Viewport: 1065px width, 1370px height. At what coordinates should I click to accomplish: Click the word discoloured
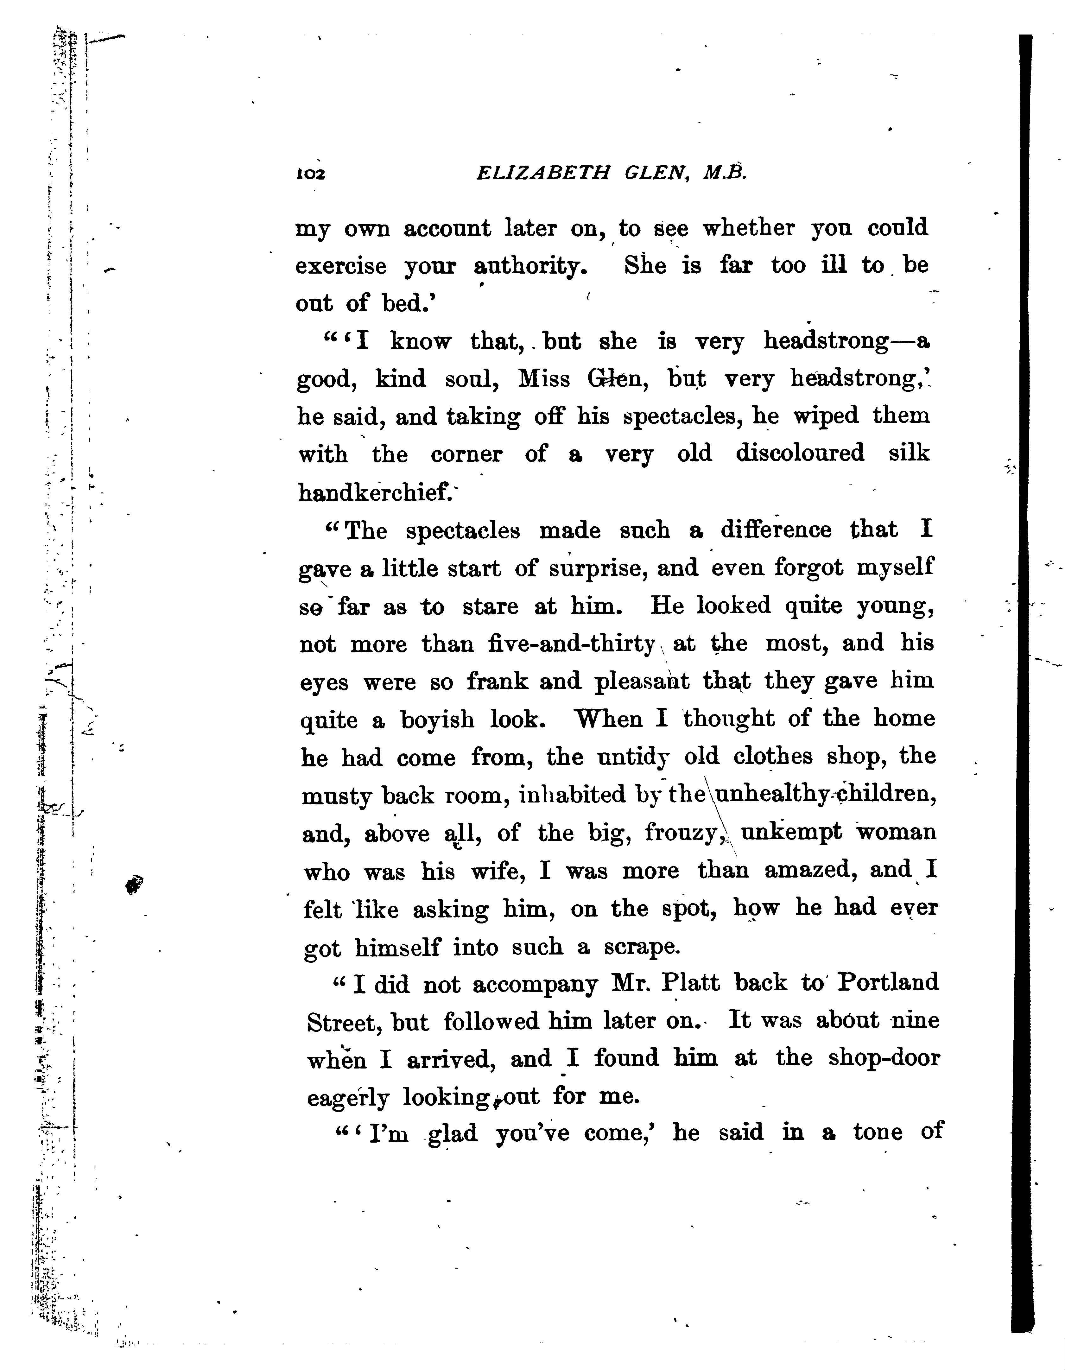pyautogui.click(x=800, y=453)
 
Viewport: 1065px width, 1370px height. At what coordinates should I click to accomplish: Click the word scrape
pyautogui.click(x=642, y=947)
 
